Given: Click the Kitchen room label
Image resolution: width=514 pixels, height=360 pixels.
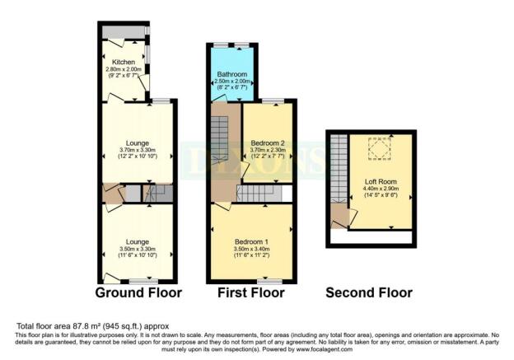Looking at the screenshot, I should pyautogui.click(x=124, y=61).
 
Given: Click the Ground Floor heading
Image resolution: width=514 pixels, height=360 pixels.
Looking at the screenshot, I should pyautogui.click(x=138, y=292).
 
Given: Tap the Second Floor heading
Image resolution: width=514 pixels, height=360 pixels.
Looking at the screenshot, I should pyautogui.click(x=369, y=292).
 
